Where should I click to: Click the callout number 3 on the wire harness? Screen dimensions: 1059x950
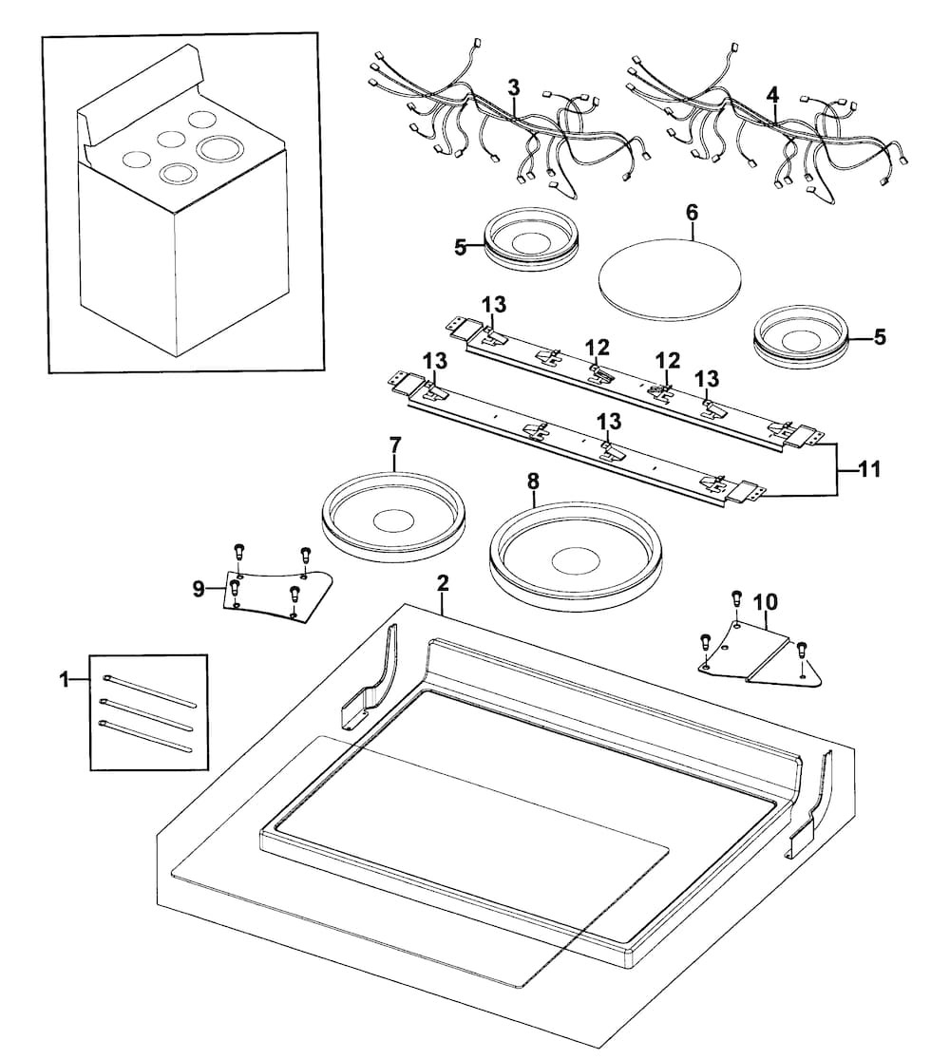[513, 87]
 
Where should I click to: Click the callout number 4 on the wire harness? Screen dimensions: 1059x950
[772, 95]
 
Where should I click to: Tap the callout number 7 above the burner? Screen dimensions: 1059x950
[395, 444]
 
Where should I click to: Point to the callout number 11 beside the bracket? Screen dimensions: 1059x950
[869, 469]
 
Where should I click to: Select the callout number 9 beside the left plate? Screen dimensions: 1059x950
[199, 590]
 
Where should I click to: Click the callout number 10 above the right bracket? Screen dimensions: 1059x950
[765, 602]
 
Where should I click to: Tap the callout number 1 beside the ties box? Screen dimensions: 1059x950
[65, 680]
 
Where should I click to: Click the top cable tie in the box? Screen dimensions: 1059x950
[147, 690]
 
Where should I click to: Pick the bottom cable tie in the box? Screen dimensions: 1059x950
[147, 737]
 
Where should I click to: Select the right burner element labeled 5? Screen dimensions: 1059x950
[799, 334]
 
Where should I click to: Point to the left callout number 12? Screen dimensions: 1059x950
[597, 348]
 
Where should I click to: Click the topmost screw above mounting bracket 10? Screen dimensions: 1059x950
[735, 596]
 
